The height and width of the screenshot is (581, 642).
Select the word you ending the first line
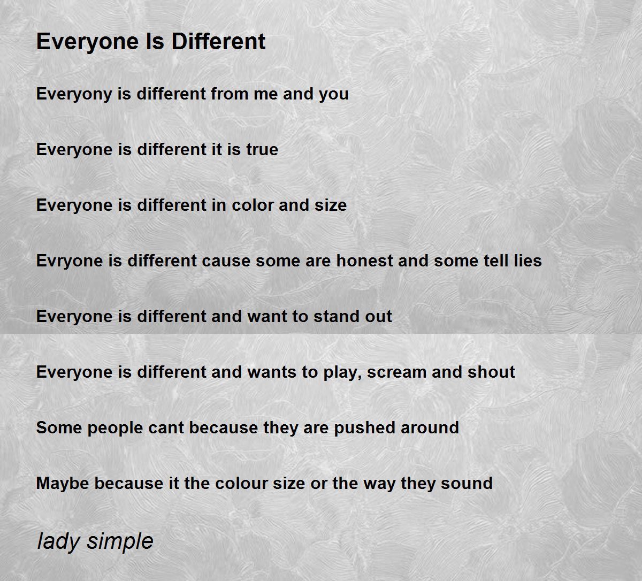click(x=334, y=94)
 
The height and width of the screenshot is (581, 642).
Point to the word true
click(x=262, y=149)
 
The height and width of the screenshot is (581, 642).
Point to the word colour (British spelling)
click(x=242, y=484)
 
